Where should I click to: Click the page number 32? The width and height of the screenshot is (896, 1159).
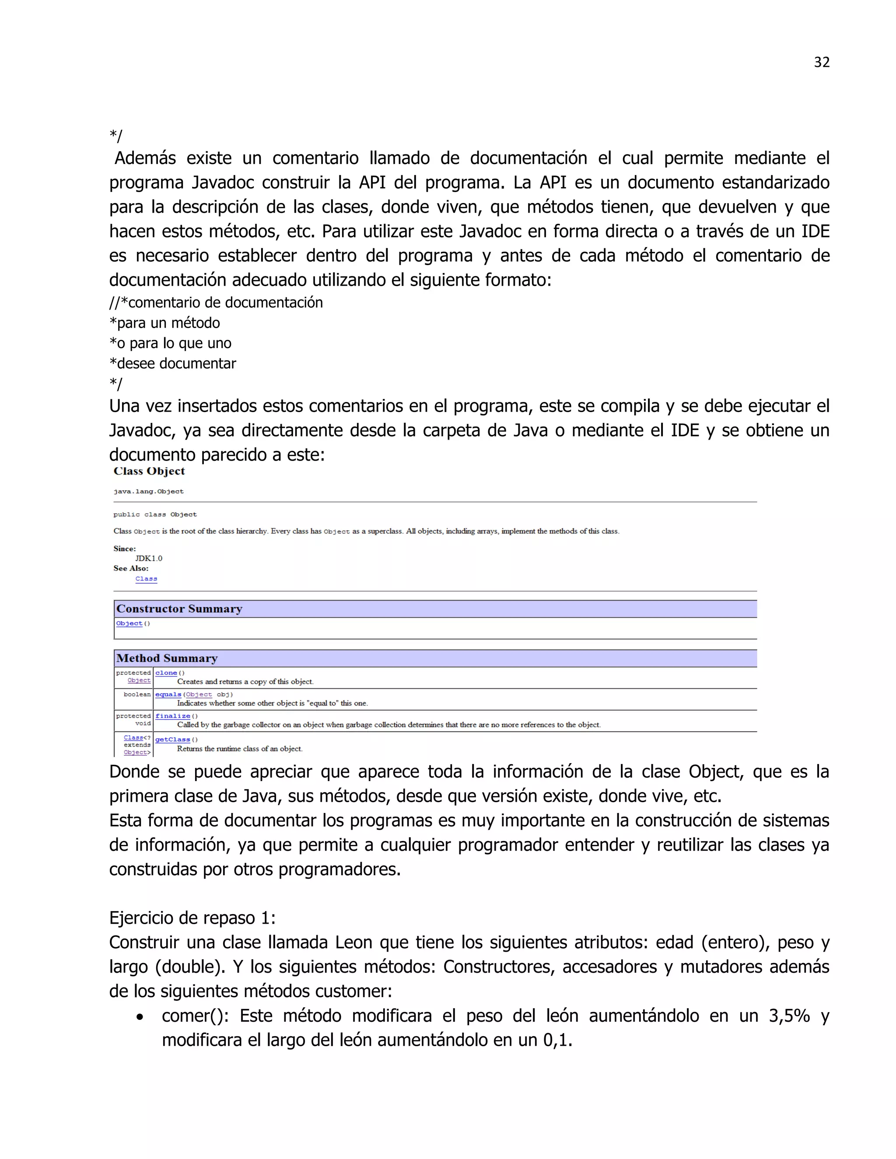pos(821,62)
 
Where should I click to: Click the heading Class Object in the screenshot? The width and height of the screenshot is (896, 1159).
pos(149,471)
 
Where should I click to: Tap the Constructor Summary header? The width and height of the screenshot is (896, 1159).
pos(179,609)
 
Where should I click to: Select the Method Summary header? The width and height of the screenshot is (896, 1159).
pos(167,658)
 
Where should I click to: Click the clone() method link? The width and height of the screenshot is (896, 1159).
pos(166,673)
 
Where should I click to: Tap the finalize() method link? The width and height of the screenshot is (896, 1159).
pos(172,716)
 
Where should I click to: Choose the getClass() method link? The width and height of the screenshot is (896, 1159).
pos(172,739)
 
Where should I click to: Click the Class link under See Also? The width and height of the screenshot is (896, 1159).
pos(146,579)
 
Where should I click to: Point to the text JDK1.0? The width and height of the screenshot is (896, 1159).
pos(149,558)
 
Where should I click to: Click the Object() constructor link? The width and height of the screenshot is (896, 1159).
pos(129,624)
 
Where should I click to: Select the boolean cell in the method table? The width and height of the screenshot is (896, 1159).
pos(137,694)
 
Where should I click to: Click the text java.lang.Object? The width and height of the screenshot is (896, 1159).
pos(149,492)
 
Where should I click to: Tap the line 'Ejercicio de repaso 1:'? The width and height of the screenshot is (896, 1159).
pos(192,918)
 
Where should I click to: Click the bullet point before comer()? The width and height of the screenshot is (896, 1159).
pos(140,1017)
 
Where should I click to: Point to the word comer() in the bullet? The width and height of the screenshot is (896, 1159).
pos(195,1016)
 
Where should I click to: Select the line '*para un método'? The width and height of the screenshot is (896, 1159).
pos(164,323)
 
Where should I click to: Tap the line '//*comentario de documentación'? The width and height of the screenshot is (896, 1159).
pos(216,303)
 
